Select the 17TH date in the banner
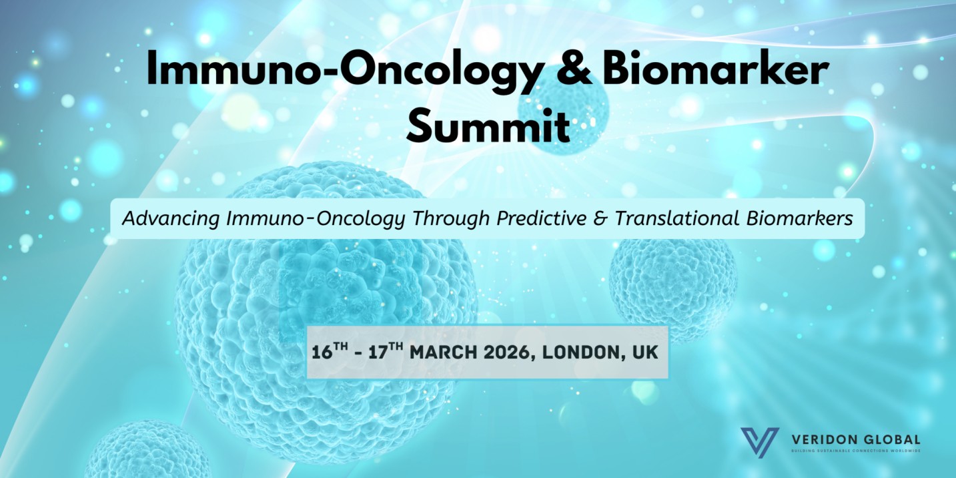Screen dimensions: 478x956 tap(385, 352)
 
